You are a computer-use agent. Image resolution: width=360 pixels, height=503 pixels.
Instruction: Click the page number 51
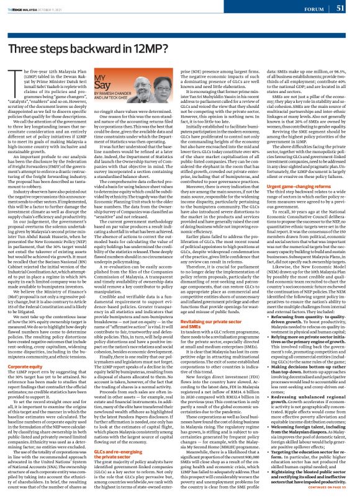(340, 8)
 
